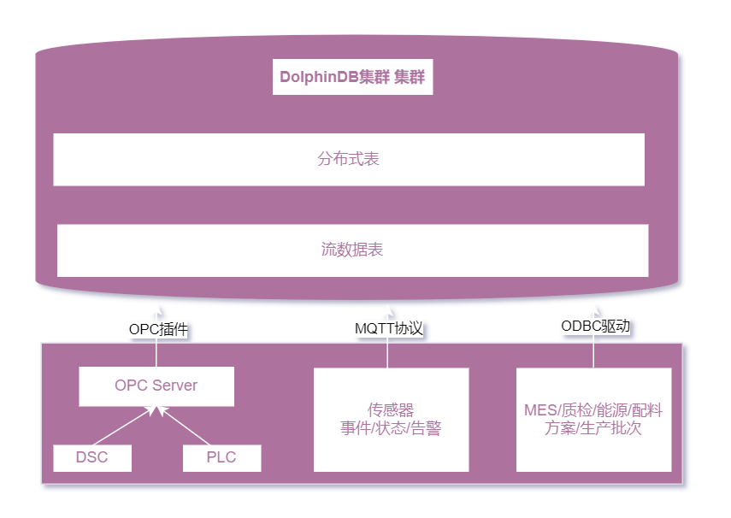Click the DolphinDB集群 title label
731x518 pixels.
point(352,78)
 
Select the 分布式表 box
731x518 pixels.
point(349,159)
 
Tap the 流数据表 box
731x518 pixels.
point(352,250)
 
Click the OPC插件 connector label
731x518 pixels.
point(158,328)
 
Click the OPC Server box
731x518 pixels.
point(156,386)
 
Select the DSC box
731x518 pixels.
point(92,457)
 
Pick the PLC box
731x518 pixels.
point(221,457)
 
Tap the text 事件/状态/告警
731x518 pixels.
point(391,429)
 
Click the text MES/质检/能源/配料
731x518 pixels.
point(593,410)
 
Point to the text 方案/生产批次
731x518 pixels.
point(593,429)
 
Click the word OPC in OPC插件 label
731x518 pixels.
point(144,328)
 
